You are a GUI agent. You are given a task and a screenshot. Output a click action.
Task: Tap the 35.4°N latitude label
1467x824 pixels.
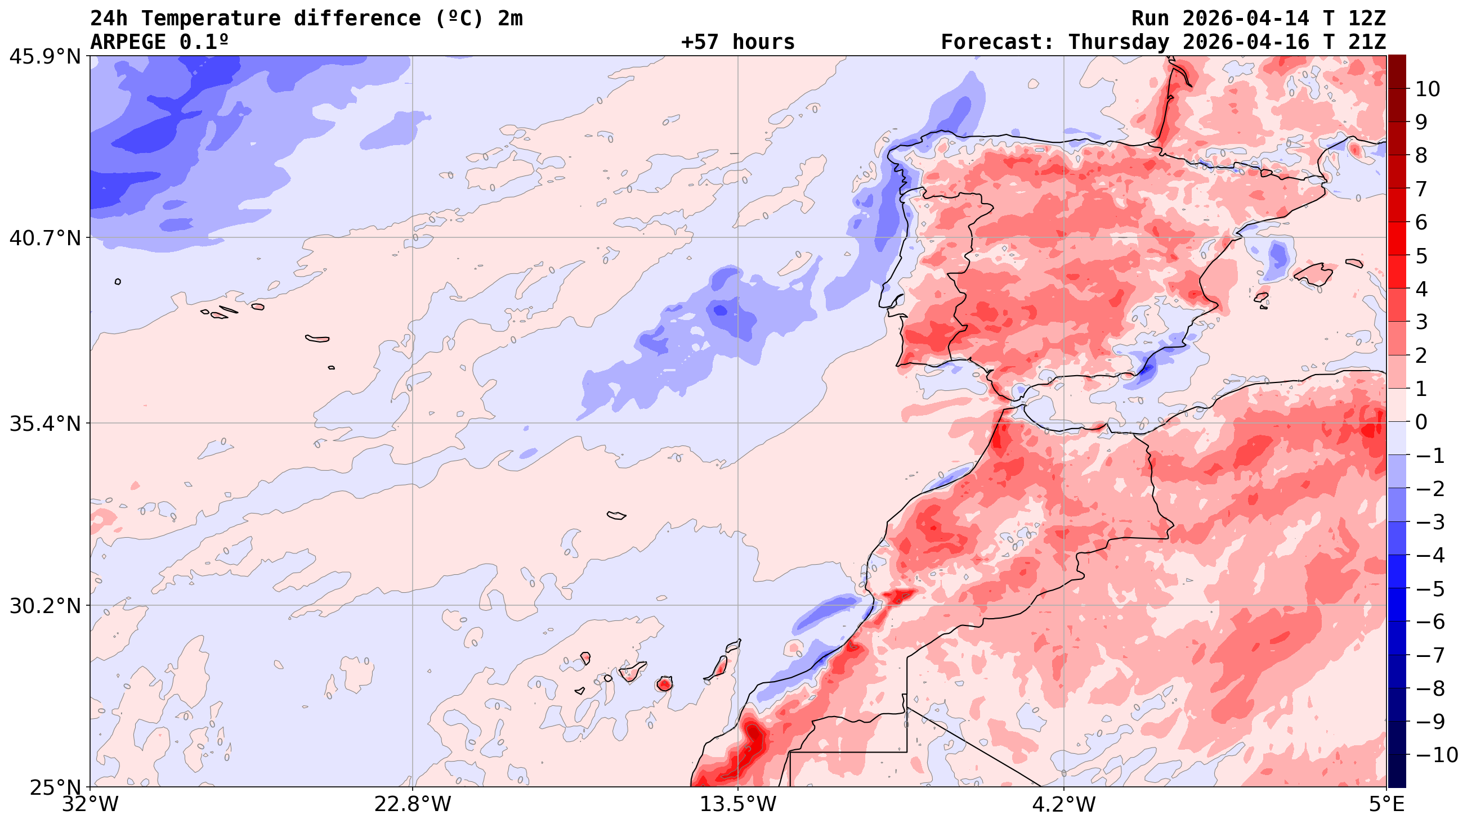click(45, 424)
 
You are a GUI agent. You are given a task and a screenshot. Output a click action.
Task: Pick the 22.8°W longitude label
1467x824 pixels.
click(412, 805)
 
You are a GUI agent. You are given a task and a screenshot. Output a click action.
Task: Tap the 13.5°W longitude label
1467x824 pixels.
click(738, 805)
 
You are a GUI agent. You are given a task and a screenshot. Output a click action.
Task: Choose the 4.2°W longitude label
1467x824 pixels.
click(1064, 805)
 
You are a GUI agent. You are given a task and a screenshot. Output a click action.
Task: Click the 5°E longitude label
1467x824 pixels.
click(1386, 805)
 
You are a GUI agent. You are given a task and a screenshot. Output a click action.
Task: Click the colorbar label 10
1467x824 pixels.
click(1428, 89)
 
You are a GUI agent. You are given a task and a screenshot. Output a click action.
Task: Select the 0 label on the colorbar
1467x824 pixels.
click(1421, 422)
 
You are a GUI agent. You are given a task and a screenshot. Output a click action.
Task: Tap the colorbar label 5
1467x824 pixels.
click(1421, 256)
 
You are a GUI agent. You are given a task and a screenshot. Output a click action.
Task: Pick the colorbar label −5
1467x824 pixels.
click(1430, 589)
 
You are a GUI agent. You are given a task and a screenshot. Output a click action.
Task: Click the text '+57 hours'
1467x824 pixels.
click(737, 42)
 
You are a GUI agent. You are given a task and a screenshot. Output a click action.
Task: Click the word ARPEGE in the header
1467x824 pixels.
click(128, 42)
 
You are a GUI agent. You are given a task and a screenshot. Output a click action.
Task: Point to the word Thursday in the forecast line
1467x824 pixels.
click(1119, 42)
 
